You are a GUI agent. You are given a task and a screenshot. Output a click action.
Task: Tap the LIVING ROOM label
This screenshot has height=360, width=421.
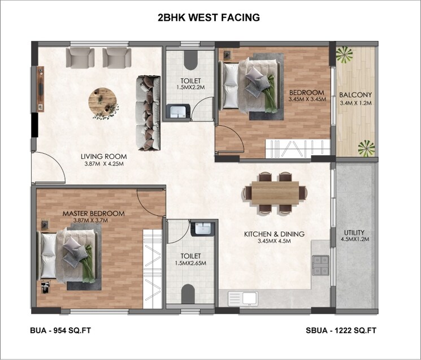click(x=103, y=157)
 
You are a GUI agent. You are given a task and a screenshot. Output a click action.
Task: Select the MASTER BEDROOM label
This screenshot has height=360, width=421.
click(x=93, y=213)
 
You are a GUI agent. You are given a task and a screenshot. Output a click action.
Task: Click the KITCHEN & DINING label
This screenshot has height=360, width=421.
click(x=274, y=234)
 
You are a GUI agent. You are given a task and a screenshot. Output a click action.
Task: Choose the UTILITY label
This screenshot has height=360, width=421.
click(x=355, y=232)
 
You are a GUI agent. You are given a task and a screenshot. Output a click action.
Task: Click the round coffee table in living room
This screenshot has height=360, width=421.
click(x=104, y=102)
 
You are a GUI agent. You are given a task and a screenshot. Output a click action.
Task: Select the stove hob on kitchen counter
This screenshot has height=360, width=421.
click(x=321, y=263)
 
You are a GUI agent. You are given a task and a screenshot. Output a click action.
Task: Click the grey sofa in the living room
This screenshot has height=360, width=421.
click(x=149, y=113)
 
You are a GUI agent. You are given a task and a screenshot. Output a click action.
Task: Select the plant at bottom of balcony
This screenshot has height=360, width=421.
click(x=366, y=148)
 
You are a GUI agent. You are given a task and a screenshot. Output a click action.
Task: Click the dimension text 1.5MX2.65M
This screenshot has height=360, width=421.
click(x=189, y=263)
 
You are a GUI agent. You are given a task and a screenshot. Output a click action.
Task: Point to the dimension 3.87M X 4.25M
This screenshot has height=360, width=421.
click(x=103, y=164)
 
